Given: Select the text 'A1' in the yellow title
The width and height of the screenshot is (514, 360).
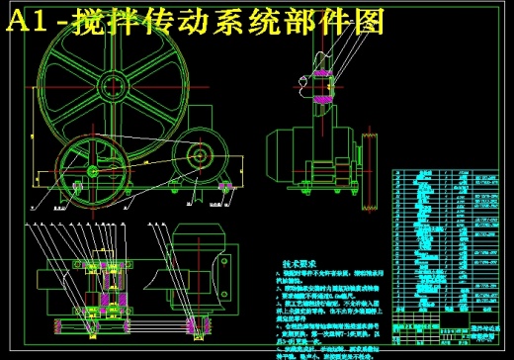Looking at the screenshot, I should pos(27,21).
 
